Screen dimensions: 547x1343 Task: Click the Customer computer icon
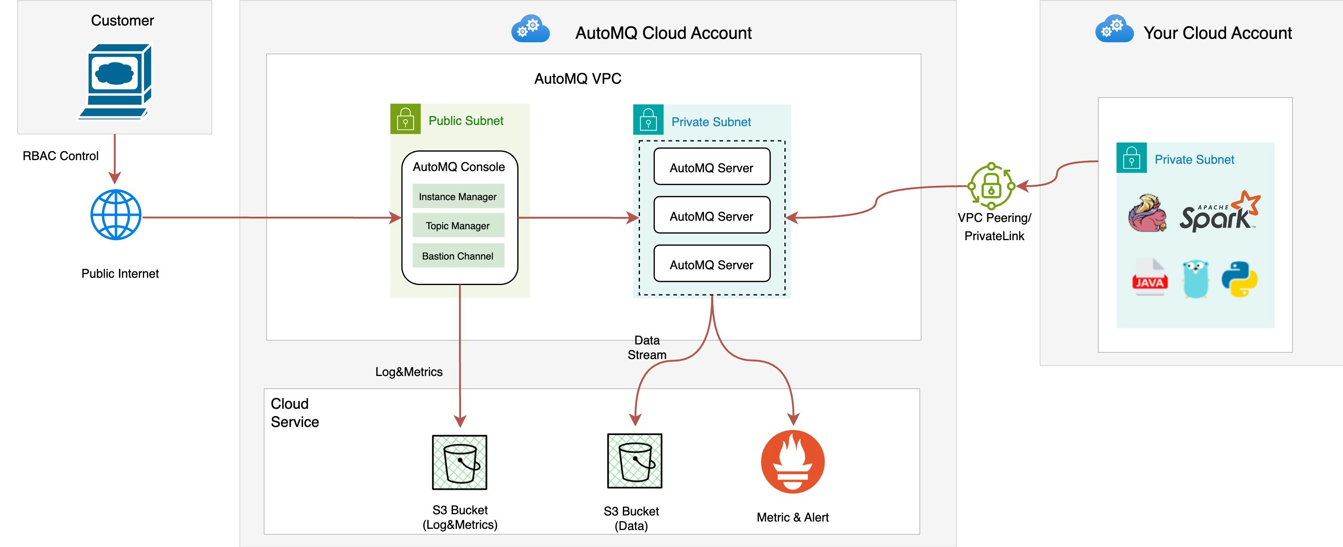point(116,81)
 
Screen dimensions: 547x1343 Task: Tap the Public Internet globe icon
point(116,215)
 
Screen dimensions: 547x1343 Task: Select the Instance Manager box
point(458,196)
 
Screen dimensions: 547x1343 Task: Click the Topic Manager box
point(458,226)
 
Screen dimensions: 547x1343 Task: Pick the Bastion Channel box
point(458,256)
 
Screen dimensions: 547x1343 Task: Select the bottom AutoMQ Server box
point(712,264)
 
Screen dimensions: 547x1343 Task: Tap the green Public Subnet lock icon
point(405,119)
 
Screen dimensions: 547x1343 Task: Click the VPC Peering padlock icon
point(991,186)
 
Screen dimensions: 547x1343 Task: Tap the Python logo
point(1239,279)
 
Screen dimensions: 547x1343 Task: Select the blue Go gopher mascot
point(1195,279)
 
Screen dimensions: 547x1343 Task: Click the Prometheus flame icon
point(793,462)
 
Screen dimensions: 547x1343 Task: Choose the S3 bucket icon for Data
point(635,461)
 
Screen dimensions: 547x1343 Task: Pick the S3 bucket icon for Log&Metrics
point(459,463)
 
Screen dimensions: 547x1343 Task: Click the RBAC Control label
point(60,156)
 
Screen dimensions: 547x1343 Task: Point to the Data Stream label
point(646,347)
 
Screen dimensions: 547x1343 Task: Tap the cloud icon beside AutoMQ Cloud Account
point(530,29)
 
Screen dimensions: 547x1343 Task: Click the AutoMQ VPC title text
point(578,79)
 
